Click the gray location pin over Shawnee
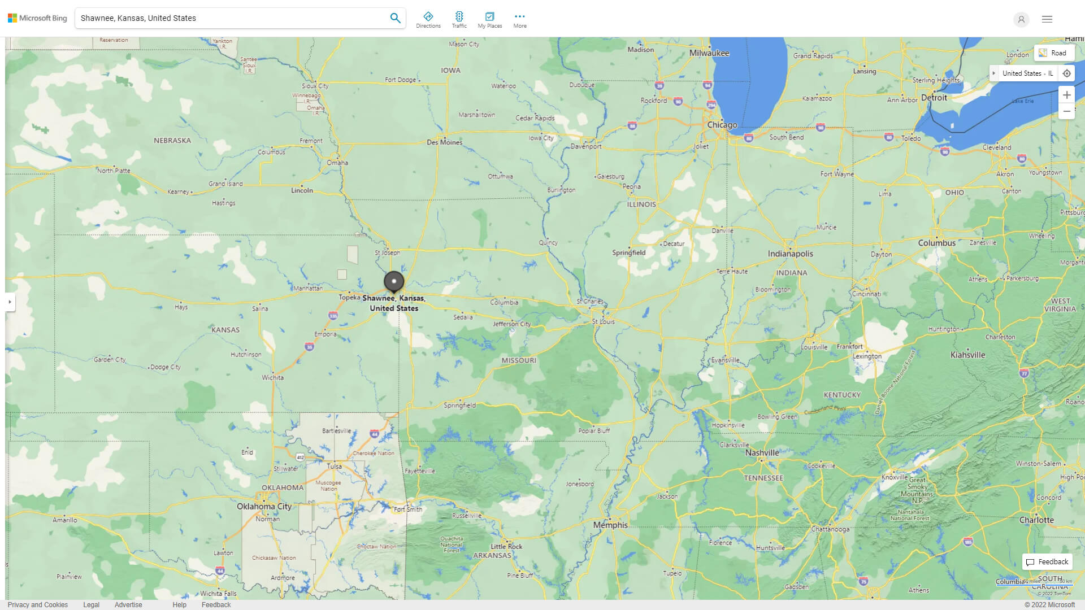click(x=394, y=281)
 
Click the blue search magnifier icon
click(x=395, y=18)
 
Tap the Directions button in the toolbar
click(x=428, y=20)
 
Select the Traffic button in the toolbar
click(x=459, y=20)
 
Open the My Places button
click(x=489, y=20)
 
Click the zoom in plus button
click(x=1066, y=95)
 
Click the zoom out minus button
click(x=1066, y=111)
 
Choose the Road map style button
click(x=1053, y=53)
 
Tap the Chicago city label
click(x=722, y=125)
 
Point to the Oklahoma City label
click(x=264, y=506)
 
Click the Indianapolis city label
click(x=790, y=254)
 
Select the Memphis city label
click(x=610, y=525)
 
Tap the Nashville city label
click(x=762, y=452)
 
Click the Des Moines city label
click(x=444, y=142)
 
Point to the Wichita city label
click(x=272, y=377)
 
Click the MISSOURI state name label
click(x=518, y=360)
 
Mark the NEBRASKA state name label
click(x=172, y=141)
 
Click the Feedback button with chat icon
click(x=1047, y=562)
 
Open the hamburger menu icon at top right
click(x=1047, y=19)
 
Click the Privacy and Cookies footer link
click(x=38, y=604)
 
